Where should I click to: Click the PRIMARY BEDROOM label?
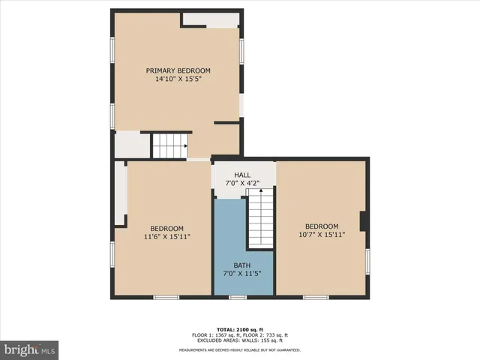click(178, 70)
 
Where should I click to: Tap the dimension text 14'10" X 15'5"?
click(178, 79)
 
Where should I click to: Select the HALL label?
click(242, 175)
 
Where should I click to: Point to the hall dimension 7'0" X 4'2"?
click(242, 183)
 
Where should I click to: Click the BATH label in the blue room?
click(241, 265)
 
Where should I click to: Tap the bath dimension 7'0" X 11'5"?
click(241, 274)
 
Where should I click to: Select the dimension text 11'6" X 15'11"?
click(166, 237)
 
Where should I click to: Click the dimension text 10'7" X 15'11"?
click(321, 235)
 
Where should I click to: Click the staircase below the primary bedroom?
click(169, 145)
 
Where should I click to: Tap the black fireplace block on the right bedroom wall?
click(364, 222)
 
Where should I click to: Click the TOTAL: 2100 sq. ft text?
click(239, 330)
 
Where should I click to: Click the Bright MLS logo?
click(30, 349)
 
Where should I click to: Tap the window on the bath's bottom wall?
click(238, 298)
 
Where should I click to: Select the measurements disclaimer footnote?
click(239, 349)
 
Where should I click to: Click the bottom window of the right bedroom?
click(316, 298)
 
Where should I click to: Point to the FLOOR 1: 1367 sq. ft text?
click(214, 334)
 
